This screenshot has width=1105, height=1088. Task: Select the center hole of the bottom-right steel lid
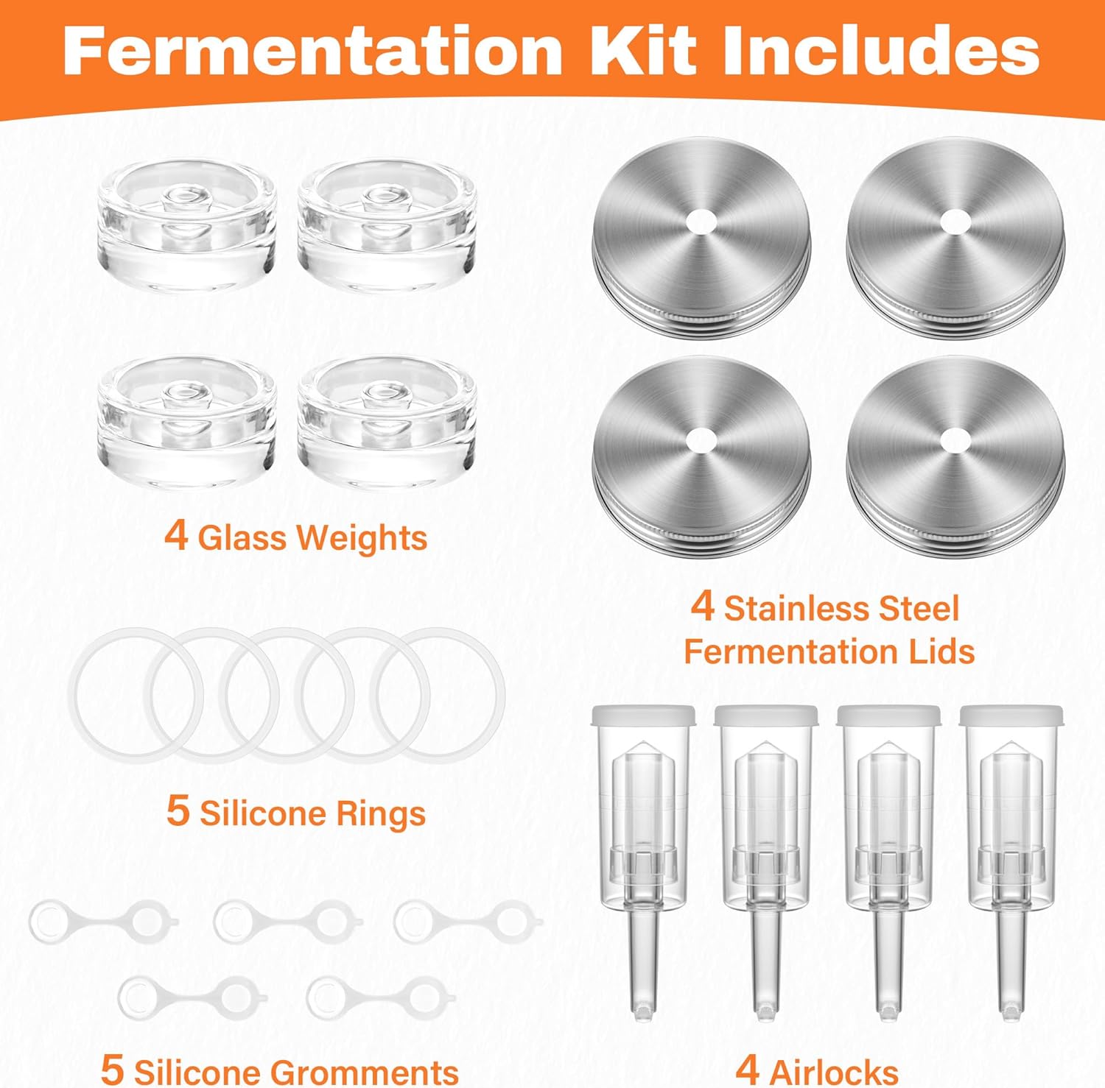pos(955,439)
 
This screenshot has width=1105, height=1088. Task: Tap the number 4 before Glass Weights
pos(176,535)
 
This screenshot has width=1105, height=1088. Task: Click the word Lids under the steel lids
pos(941,651)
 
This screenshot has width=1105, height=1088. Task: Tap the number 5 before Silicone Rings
pos(178,810)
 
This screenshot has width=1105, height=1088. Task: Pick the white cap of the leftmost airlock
pos(643,715)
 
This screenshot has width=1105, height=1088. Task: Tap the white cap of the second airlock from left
pos(765,715)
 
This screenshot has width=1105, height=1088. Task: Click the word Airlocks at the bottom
pos(833,1072)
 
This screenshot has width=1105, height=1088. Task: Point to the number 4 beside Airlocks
pos(747,1069)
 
